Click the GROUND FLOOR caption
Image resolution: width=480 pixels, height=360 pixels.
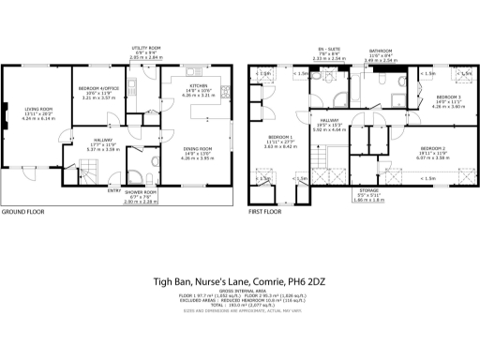[22, 213]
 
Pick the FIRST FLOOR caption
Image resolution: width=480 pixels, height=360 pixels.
[263, 213]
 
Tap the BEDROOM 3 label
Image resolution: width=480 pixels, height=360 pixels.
[447, 97]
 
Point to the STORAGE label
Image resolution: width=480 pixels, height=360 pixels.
[368, 190]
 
